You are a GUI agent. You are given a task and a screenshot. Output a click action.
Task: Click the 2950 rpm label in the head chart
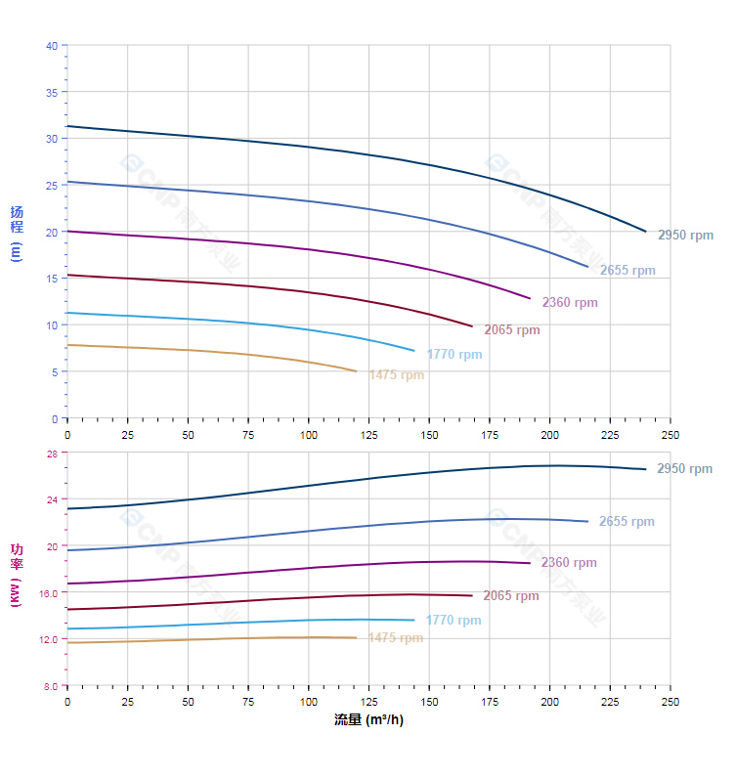click(685, 236)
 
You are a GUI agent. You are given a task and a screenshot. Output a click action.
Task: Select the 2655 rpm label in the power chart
click(627, 522)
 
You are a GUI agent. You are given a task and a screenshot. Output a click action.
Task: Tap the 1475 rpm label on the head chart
click(396, 375)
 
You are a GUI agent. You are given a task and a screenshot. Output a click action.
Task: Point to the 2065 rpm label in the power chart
click(510, 596)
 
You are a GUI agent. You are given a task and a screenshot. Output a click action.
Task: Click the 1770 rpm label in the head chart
click(454, 355)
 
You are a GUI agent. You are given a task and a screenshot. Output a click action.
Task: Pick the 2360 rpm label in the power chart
click(569, 563)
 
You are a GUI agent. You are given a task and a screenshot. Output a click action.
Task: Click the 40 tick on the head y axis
click(52, 46)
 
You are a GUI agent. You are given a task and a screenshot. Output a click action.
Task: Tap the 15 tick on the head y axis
click(52, 279)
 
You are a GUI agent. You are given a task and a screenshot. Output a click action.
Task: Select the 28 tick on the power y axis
click(52, 453)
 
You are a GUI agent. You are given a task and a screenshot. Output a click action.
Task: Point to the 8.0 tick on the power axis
click(50, 686)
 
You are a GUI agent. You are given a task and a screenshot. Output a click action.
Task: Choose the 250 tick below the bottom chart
click(670, 702)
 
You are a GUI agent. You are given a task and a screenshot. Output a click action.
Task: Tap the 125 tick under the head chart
click(368, 434)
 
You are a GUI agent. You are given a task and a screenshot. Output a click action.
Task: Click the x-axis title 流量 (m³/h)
click(368, 720)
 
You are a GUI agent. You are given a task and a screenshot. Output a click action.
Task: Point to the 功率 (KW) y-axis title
click(16, 574)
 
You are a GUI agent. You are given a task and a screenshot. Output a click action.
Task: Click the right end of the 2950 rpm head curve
click(646, 232)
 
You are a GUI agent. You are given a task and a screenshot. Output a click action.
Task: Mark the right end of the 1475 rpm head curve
click(357, 371)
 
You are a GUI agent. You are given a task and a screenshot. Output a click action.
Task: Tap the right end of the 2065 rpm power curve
click(472, 596)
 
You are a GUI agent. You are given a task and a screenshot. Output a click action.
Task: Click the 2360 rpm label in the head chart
click(570, 303)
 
